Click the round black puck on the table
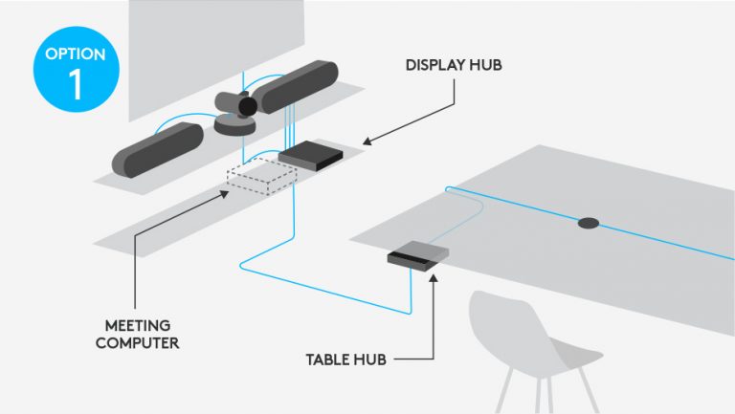(x=588, y=224)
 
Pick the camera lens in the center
(x=248, y=105)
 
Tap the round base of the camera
(x=234, y=123)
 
